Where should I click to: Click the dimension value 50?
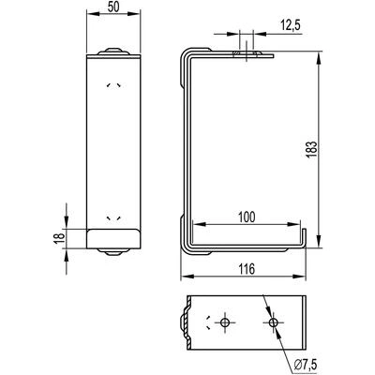113,7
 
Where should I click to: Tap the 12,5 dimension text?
290,25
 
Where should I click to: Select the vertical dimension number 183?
312,150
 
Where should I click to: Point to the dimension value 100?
247,217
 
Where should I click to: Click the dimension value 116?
247,269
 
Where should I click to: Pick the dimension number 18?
60,238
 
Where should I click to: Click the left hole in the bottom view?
225,322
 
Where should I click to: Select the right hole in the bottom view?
274,322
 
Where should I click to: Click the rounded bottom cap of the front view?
113,239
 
